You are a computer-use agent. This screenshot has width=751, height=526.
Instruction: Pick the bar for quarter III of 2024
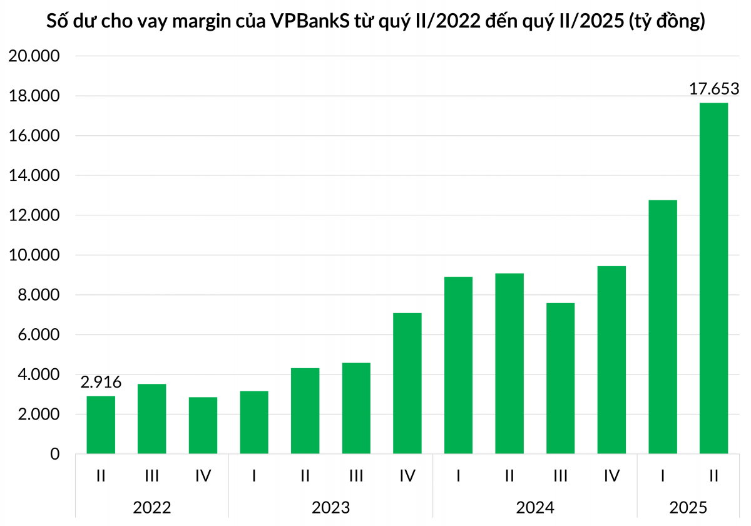point(560,378)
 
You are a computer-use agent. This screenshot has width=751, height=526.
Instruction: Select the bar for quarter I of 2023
point(254,422)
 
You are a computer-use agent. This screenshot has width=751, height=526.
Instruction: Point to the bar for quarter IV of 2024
point(611,360)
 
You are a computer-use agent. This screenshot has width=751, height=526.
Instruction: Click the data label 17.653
point(714,88)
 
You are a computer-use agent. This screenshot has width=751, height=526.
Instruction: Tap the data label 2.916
point(101,382)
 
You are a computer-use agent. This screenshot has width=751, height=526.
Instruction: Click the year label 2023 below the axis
point(330,507)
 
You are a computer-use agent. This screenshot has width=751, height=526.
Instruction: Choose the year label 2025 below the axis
point(688,507)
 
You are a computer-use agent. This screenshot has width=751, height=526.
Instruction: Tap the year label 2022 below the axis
point(152,507)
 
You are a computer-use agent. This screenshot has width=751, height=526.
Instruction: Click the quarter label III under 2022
point(151,476)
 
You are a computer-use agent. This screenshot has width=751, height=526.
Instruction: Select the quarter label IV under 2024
point(611,476)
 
